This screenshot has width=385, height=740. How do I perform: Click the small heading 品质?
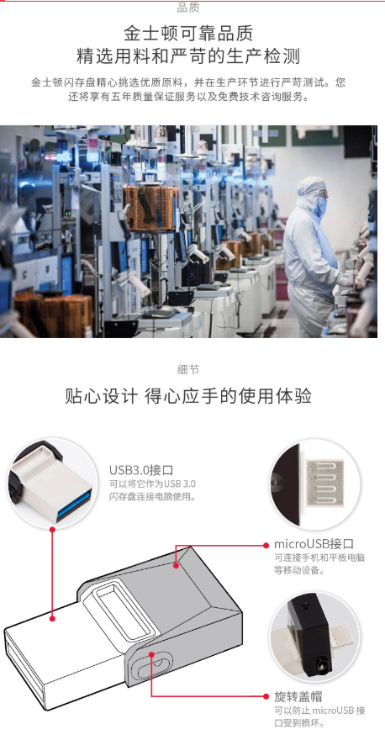[188, 8]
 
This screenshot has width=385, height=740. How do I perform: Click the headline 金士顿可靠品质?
[188, 34]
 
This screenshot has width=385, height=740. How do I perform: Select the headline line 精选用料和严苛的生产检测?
[188, 57]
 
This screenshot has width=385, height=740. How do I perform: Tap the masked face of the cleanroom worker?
[320, 201]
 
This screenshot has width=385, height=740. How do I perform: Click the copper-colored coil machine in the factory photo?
[151, 208]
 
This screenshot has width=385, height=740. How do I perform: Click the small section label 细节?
[188, 369]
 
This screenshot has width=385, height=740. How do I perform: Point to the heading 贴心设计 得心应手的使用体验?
[188, 396]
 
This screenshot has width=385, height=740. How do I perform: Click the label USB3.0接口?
[141, 470]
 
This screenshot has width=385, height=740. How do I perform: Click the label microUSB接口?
[314, 544]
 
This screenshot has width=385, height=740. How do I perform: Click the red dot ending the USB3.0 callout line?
[52, 618]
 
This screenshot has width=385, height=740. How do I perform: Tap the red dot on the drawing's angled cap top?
[176, 565]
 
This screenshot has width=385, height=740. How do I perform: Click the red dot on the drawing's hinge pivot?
[151, 654]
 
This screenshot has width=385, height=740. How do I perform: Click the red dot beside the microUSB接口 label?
[266, 545]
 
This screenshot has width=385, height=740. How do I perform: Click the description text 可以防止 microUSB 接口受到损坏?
[319, 716]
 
